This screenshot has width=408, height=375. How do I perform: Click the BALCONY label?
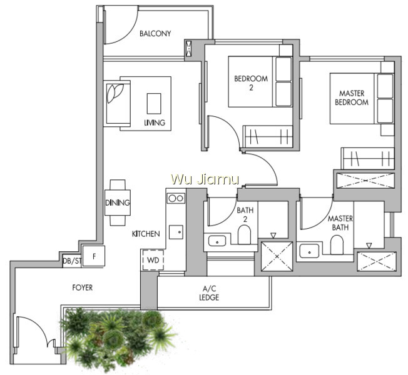tap(155, 34)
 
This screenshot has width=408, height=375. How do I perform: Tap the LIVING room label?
tap(155, 122)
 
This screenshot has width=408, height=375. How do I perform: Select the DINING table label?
tap(118, 202)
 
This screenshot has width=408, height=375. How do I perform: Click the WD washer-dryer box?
tap(153, 260)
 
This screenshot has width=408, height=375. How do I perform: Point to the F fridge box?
tap(94, 256)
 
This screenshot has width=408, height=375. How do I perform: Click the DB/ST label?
tap(72, 261)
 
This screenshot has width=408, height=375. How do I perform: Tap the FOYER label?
tap(82, 287)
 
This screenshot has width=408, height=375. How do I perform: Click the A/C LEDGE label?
tap(209, 293)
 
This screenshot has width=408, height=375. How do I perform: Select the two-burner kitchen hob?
tap(176, 199)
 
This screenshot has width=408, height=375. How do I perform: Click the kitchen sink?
tap(176, 232)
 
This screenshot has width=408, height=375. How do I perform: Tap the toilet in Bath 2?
tap(244, 234)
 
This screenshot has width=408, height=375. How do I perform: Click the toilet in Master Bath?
tap(337, 245)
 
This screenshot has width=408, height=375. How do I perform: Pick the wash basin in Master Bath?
tap(309, 251)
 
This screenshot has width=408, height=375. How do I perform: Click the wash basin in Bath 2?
tap(217, 241)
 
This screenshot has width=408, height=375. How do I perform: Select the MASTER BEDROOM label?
tap(352, 97)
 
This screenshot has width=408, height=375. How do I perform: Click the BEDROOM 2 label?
tap(251, 83)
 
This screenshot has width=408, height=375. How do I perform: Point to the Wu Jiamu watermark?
tap(205, 179)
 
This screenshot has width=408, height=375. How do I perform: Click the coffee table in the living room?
tap(154, 104)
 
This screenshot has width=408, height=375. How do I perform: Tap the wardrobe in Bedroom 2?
tap(268, 136)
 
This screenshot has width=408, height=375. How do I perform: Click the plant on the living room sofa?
tap(115, 92)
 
